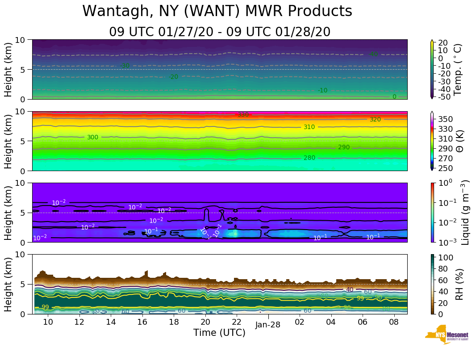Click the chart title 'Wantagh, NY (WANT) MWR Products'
pyautogui.click(x=217, y=12)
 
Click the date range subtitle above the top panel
pyautogui.click(x=219, y=32)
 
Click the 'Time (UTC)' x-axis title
pyautogui.click(x=219, y=333)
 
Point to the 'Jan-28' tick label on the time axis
pyautogui.click(x=268, y=325)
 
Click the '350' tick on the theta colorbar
pyautogui.click(x=447, y=119)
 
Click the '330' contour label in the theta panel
pyautogui.click(x=243, y=115)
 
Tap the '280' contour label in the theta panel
pyautogui.click(x=309, y=158)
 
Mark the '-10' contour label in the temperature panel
pyautogui.click(x=322, y=90)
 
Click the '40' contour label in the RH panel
pyautogui.click(x=350, y=289)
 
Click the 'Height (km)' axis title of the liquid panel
pyautogui.click(x=8, y=212)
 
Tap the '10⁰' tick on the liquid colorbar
pyautogui.click(x=445, y=183)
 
